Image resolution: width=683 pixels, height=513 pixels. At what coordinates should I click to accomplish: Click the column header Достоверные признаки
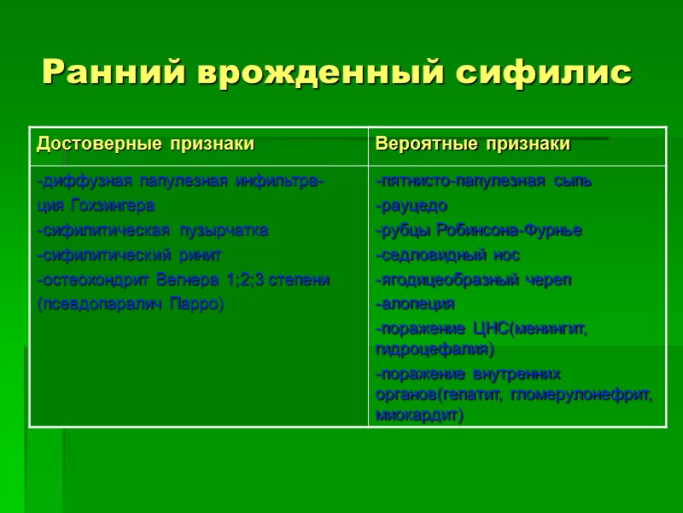(145, 144)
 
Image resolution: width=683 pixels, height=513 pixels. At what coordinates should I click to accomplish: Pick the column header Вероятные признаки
(473, 144)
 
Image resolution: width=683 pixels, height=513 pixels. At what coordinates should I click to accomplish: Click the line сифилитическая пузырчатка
(153, 231)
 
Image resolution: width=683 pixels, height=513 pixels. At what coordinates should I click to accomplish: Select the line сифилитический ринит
(129, 256)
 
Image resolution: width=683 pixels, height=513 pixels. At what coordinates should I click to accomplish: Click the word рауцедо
(412, 206)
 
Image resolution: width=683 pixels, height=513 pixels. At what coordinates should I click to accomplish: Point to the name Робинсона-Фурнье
(510, 231)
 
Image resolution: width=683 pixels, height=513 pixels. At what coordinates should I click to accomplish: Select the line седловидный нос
(448, 256)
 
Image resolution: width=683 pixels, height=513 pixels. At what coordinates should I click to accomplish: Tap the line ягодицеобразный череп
(474, 280)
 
